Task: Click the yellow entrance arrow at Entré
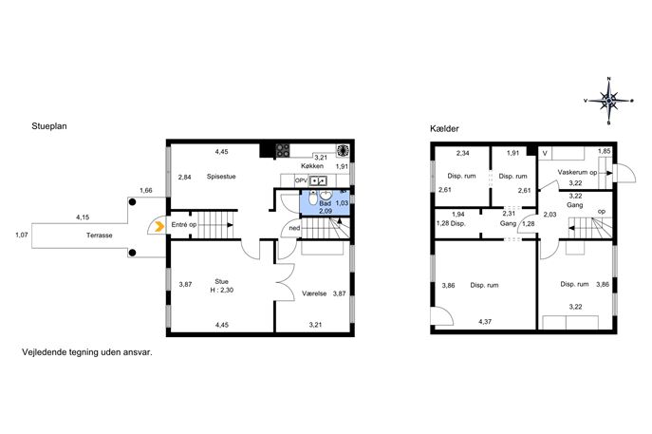pos(158,227)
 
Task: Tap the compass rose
pos(609,101)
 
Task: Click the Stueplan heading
pos(49,126)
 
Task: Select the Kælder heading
pos(444,129)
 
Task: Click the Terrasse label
pos(100,236)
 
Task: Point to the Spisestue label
pos(221,177)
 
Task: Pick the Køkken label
pos(312,166)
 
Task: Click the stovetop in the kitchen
pos(283,150)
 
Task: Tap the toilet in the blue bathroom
pos(313,198)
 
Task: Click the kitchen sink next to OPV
pos(319,180)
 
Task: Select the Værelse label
pos(314,293)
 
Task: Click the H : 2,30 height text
pos(222,290)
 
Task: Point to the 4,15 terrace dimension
pos(83,217)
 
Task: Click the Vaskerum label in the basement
pos(573,172)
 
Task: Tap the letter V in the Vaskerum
pos(545,154)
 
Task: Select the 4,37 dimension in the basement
pos(485,322)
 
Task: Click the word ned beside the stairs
pos(294,228)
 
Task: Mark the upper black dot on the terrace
pos(132,202)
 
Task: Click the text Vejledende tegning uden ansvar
pos(87,352)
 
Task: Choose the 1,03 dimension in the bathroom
pos(342,203)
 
